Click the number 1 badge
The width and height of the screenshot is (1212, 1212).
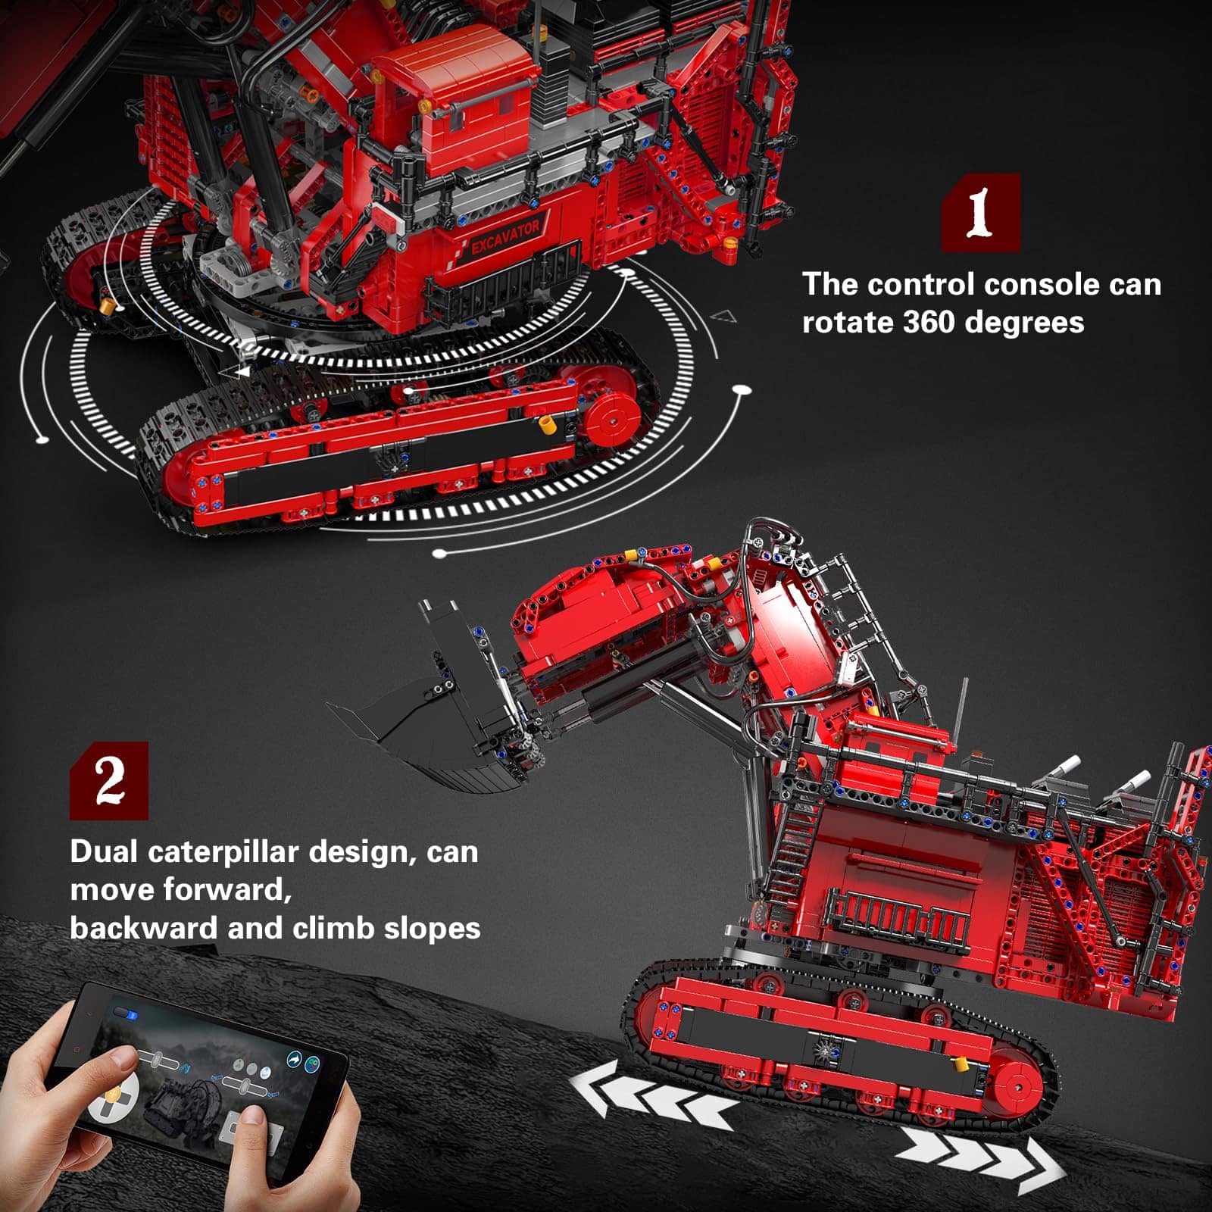(x=981, y=212)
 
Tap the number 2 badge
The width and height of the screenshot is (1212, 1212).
(x=109, y=781)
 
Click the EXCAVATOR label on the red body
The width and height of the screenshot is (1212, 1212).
(x=505, y=236)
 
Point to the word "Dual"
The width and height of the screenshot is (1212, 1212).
(x=105, y=852)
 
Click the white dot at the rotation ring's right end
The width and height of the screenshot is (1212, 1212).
(x=742, y=390)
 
